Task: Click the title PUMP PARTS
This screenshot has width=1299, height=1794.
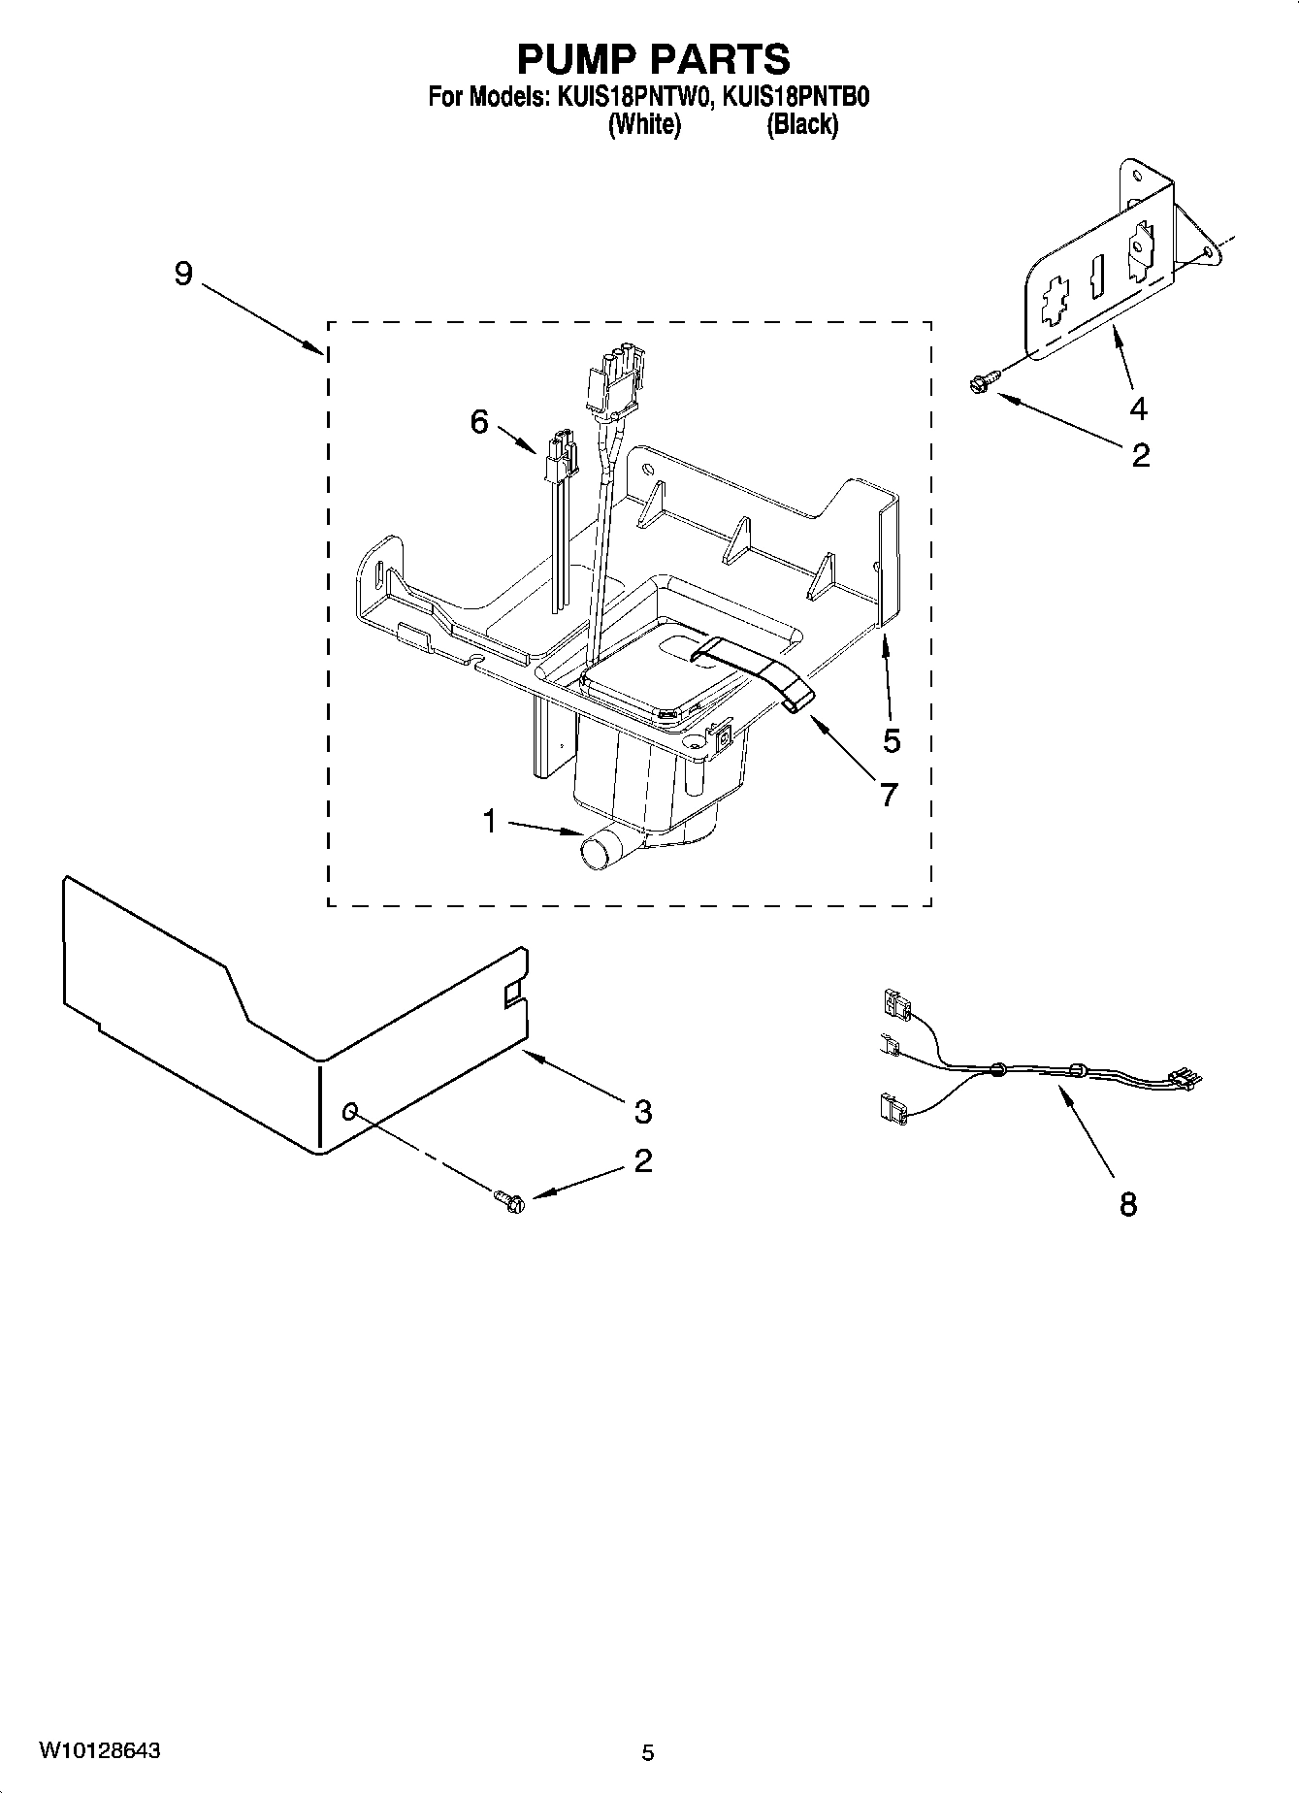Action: pyautogui.click(x=653, y=59)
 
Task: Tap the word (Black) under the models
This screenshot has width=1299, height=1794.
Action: pyautogui.click(x=802, y=124)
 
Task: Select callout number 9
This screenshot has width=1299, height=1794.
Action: pyautogui.click(x=183, y=274)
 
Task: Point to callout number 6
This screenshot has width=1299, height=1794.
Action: pyautogui.click(x=479, y=422)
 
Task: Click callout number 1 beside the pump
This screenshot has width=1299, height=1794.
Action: pyautogui.click(x=490, y=823)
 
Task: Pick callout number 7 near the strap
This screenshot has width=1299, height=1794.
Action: pyautogui.click(x=889, y=794)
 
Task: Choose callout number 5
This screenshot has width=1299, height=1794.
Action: pyautogui.click(x=892, y=740)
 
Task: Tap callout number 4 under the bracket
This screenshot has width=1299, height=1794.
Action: pyautogui.click(x=1138, y=409)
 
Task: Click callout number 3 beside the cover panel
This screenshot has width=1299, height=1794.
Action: pyautogui.click(x=642, y=1111)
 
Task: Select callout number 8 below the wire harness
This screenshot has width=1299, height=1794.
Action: pyautogui.click(x=1127, y=1204)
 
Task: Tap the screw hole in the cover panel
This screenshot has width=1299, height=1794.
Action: pyautogui.click(x=351, y=1110)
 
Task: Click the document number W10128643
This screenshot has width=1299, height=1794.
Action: pyautogui.click(x=100, y=1750)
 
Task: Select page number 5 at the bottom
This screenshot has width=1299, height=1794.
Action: pyautogui.click(x=648, y=1752)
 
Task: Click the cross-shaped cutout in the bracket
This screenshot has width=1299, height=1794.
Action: pyautogui.click(x=1053, y=305)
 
